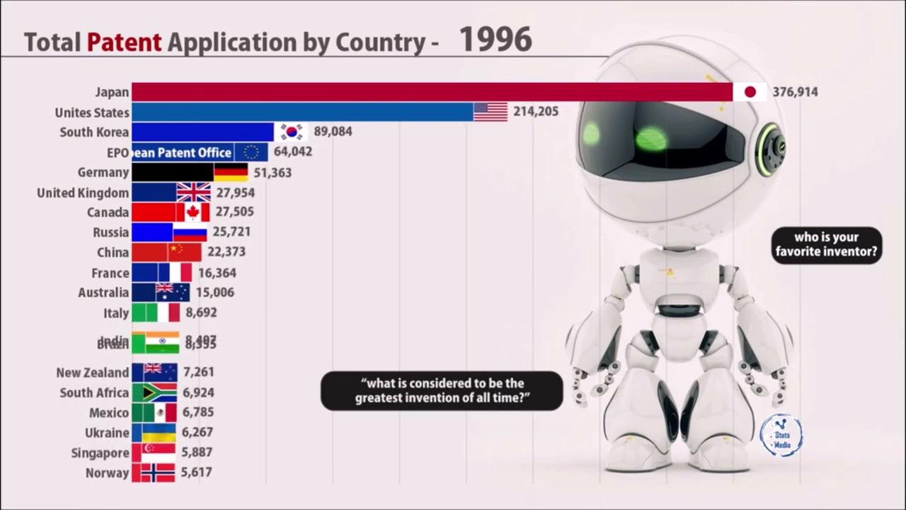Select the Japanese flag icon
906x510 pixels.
pyautogui.click(x=750, y=92)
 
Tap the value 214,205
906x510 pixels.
pyautogui.click(x=536, y=111)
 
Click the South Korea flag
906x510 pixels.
pyautogui.click(x=292, y=132)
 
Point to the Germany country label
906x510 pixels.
pyautogui.click(x=103, y=173)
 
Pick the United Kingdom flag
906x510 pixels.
pyautogui.click(x=193, y=193)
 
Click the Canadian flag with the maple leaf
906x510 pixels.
pyautogui.click(x=193, y=212)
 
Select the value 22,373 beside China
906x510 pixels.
pyautogui.click(x=226, y=252)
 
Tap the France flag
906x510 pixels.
pyautogui.click(x=175, y=273)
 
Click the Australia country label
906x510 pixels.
pyautogui.click(x=103, y=293)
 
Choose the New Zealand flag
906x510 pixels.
pyautogui.click(x=160, y=373)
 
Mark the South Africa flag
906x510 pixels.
pyautogui.click(x=159, y=392)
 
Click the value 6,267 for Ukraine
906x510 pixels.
pyautogui.click(x=197, y=433)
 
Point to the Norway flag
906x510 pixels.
pyautogui.click(x=157, y=473)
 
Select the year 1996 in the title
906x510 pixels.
pyautogui.click(x=495, y=40)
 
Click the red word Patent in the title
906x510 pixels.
pyautogui.click(x=125, y=42)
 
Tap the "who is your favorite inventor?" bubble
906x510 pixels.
pyautogui.click(x=827, y=245)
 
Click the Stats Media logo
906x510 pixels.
pyautogui.click(x=781, y=434)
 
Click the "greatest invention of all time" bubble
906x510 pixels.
pyautogui.click(x=442, y=391)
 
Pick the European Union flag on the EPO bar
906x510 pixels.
pyautogui.click(x=251, y=152)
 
